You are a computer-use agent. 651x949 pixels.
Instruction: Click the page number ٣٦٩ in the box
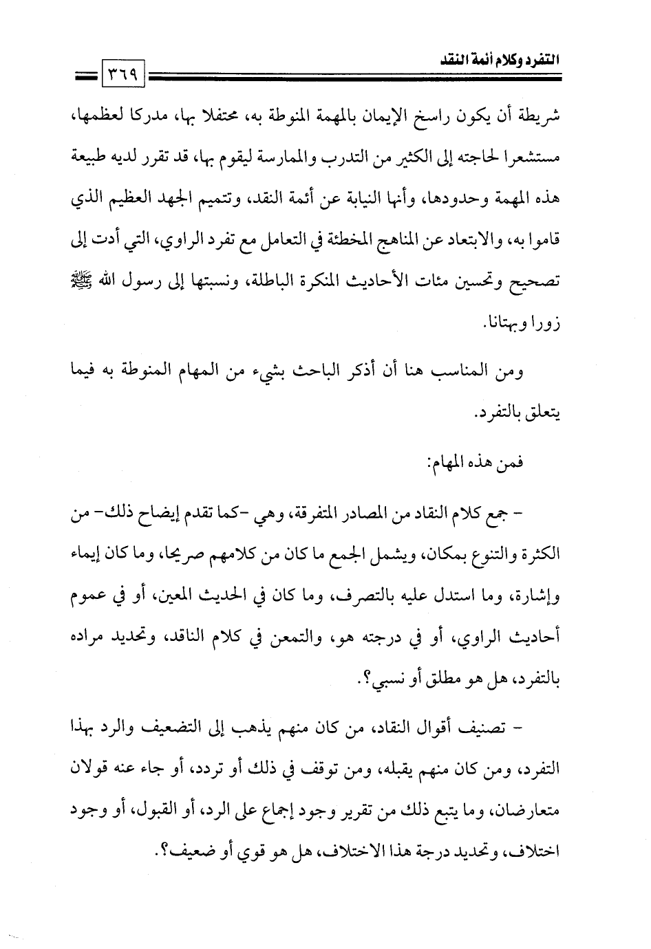tap(122, 71)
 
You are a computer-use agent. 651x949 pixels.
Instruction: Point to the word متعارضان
tap(533, 811)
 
